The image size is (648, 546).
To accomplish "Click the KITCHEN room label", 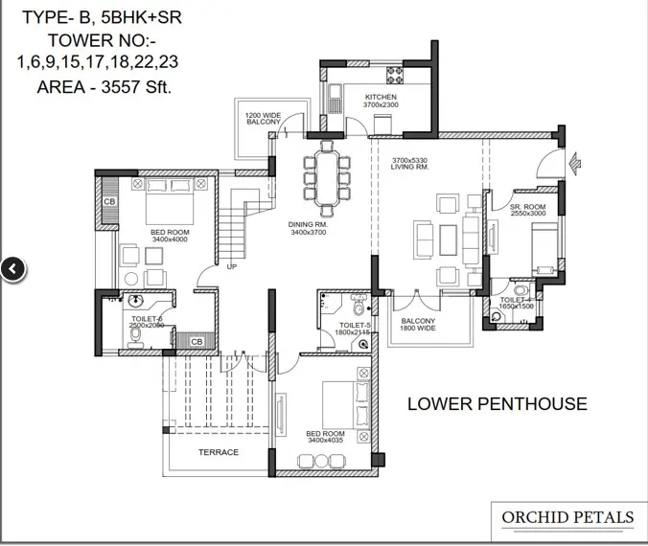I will click(381, 98).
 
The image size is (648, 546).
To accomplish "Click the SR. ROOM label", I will click(527, 207).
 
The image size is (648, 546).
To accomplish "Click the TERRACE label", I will click(218, 452).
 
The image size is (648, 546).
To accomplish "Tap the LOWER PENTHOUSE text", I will click(497, 403).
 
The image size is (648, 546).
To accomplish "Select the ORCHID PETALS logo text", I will click(567, 518).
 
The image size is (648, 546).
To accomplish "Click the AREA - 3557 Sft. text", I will click(99, 85).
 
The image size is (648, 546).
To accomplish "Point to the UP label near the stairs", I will click(231, 266).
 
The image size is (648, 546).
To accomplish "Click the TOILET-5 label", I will click(355, 326).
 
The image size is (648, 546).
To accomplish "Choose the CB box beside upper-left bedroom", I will click(109, 202).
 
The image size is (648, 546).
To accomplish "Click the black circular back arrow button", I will click(12, 269).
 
